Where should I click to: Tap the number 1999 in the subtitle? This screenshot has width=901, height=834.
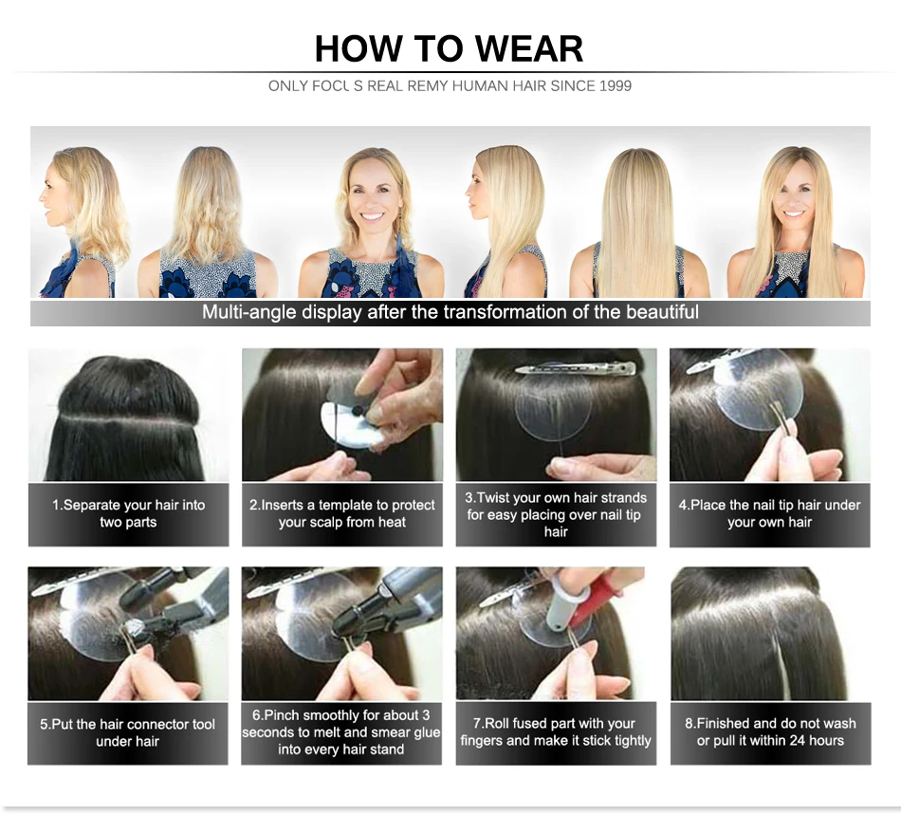pyautogui.click(x=615, y=86)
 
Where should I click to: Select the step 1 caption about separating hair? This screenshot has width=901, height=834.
pyautogui.click(x=128, y=514)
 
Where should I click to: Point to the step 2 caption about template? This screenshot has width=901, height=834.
pyautogui.click(x=341, y=514)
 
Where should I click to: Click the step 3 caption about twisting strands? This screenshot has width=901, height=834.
pyautogui.click(x=556, y=514)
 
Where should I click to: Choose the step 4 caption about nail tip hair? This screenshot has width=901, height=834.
pyautogui.click(x=769, y=514)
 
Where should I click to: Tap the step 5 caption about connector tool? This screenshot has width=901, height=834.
pyautogui.click(x=128, y=732)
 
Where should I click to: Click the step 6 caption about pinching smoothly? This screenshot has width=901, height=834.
pyautogui.click(x=341, y=732)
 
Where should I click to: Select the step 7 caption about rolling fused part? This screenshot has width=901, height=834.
pyautogui.click(x=556, y=732)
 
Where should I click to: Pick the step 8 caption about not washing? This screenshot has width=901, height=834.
pyautogui.click(x=770, y=732)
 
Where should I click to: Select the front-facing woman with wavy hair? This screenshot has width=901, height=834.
pyautogui.click(x=371, y=222)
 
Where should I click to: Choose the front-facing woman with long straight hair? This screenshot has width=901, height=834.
pyautogui.click(x=796, y=222)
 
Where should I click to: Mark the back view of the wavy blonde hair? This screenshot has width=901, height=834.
pyautogui.click(x=208, y=222)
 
